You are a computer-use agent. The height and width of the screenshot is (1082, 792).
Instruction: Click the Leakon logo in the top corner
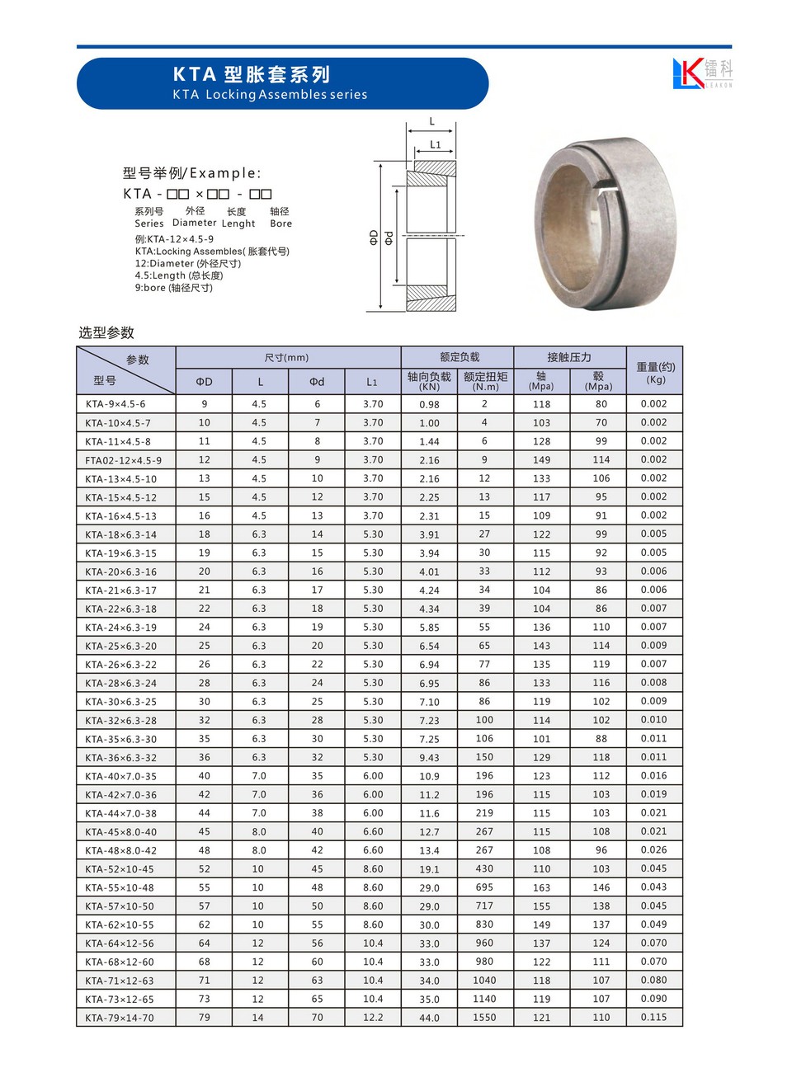[702, 73]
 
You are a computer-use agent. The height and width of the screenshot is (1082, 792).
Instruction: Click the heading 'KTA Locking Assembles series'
[270, 95]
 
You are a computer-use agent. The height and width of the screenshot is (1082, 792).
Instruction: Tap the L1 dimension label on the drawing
[436, 145]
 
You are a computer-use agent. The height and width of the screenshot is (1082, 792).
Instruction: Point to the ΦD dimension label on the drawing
[374, 238]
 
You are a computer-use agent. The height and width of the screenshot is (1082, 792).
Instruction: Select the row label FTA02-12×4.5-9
[124, 460]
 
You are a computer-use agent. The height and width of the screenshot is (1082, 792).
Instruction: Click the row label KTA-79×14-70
[120, 1018]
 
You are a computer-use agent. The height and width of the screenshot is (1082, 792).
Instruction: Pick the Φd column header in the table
[317, 382]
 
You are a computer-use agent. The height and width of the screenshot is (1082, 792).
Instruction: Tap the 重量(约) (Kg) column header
[655, 373]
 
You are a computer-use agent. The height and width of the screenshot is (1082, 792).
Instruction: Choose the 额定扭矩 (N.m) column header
[485, 381]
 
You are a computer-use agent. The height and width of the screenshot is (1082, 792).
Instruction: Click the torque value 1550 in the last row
[484, 1018]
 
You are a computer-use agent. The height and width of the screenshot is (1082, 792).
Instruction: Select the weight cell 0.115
[653, 1018]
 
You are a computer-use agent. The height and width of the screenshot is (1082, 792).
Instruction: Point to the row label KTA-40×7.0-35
[120, 776]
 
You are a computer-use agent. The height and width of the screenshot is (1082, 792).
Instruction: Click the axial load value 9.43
[429, 758]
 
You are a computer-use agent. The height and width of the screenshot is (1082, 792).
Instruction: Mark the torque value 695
[484, 887]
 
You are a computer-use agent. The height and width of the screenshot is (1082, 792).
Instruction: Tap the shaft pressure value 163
[541, 887]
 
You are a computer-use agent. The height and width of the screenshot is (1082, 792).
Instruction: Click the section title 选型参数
[106, 332]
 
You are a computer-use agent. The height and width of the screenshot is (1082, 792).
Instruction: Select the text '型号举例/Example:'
[191, 173]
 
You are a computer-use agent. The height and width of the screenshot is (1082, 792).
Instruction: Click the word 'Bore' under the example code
[280, 223]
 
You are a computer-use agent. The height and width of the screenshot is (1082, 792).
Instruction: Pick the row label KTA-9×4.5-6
[115, 404]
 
